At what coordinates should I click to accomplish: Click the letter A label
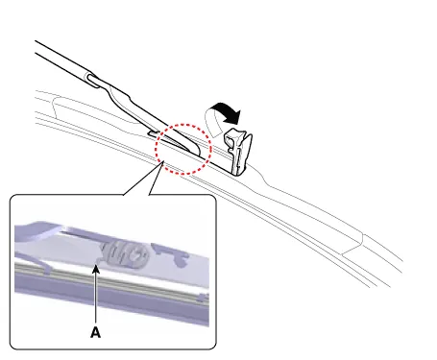95,332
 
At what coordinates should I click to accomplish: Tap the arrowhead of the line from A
95,269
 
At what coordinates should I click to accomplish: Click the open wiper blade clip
238,151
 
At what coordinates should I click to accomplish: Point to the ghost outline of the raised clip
214,123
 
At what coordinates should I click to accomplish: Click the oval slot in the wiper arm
93,80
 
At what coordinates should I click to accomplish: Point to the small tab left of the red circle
153,132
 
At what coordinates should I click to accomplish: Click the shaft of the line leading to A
95,297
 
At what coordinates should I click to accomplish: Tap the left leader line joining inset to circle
143,179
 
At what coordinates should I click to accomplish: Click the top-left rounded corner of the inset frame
13,198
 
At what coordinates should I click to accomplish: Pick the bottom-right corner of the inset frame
212,346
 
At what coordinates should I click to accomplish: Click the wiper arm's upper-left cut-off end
36,47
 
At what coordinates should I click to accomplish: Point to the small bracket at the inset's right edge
202,298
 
